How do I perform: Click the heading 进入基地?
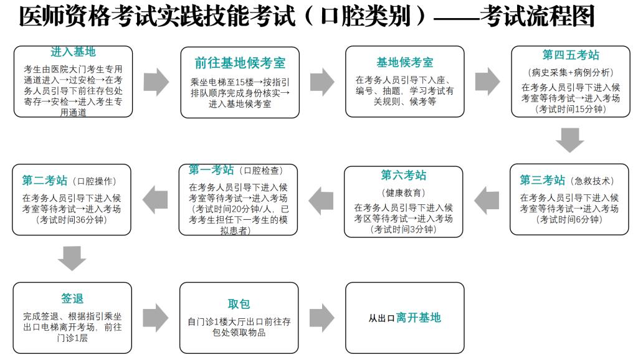[74, 52]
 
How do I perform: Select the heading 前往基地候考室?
[240, 63]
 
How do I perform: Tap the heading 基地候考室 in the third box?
[405, 62]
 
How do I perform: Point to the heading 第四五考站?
[571, 55]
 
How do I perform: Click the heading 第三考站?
[543, 180]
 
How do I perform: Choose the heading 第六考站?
[404, 175]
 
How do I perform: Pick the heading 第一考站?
[211, 169]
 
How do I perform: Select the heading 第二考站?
[45, 180]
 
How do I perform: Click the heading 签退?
[72, 298]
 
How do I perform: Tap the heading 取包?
[239, 305]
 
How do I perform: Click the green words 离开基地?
[419, 318]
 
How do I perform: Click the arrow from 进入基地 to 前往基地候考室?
[156, 82]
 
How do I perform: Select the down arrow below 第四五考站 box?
[569, 140]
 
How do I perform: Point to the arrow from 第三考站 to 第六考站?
[487, 200]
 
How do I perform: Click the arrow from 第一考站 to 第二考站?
[155, 200]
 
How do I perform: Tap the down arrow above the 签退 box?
[72, 258]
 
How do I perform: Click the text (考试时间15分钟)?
[571, 110]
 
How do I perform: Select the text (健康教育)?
[403, 193]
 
